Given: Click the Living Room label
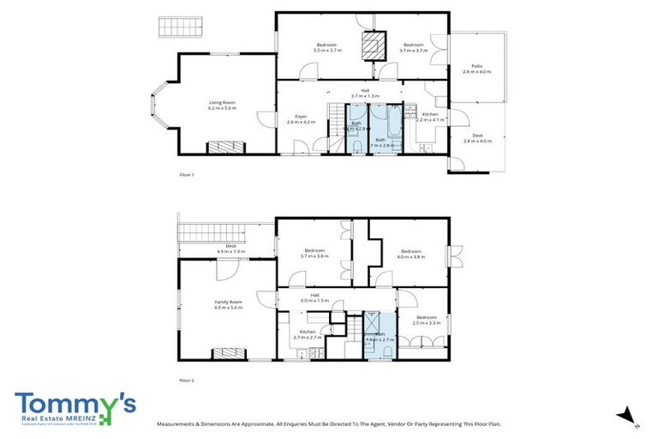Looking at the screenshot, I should pyautogui.click(x=221, y=105).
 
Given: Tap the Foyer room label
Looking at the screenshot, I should pyautogui.click(x=301, y=119).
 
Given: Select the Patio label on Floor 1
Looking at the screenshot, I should pyautogui.click(x=476, y=69).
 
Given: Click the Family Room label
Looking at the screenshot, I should pyautogui.click(x=229, y=304).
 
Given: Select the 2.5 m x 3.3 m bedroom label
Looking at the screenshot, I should pyautogui.click(x=426, y=320).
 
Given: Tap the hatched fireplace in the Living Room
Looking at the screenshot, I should pyautogui.click(x=228, y=147).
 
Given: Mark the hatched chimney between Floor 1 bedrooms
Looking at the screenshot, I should pyautogui.click(x=373, y=45).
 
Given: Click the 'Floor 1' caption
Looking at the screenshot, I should pyautogui.click(x=187, y=175).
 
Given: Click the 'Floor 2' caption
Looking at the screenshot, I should pyautogui.click(x=187, y=379).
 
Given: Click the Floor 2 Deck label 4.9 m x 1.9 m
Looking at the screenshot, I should pyautogui.click(x=230, y=249).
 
